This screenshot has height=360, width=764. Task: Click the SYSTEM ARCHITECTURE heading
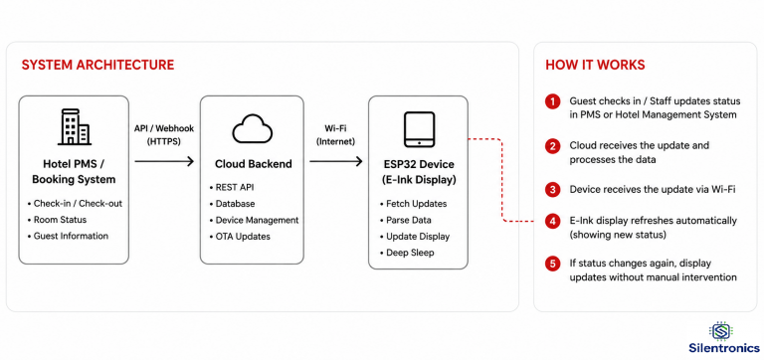click(97, 66)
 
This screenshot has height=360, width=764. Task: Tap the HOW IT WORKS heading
click(595, 66)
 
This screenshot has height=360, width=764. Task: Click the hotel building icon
click(74, 127)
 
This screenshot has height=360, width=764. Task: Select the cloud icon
click(252, 128)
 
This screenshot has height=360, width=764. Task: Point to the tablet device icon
click(419, 129)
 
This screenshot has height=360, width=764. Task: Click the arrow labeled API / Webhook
click(164, 161)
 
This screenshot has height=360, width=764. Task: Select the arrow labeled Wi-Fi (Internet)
click(336, 161)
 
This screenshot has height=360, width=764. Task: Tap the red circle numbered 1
click(552, 102)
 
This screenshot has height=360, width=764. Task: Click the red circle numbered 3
click(552, 190)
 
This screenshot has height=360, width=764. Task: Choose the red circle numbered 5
click(552, 265)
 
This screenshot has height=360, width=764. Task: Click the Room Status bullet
click(57, 220)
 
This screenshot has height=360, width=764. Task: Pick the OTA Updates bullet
click(240, 237)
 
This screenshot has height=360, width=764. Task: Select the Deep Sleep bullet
click(406, 253)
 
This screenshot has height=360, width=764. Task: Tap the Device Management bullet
click(254, 220)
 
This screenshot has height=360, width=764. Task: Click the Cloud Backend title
click(254, 164)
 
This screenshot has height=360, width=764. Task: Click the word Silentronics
click(724, 348)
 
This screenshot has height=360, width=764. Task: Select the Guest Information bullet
click(68, 237)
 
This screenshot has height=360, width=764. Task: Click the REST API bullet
click(232, 188)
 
